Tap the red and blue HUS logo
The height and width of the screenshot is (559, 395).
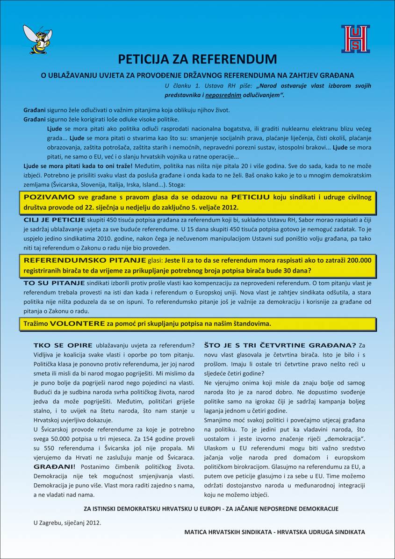[355, 39]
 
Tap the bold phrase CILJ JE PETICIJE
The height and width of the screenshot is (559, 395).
[55, 220]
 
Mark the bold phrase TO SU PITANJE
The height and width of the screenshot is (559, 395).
[54, 283]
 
